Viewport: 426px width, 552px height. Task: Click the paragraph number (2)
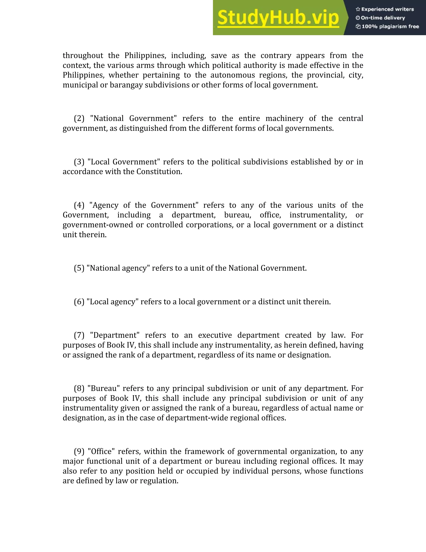[79, 118]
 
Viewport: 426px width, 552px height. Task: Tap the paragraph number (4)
[79, 205]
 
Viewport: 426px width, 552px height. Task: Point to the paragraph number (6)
[79, 302]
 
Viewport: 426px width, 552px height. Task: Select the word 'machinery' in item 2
[284, 118]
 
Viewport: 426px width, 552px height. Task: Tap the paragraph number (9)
[79, 451]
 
